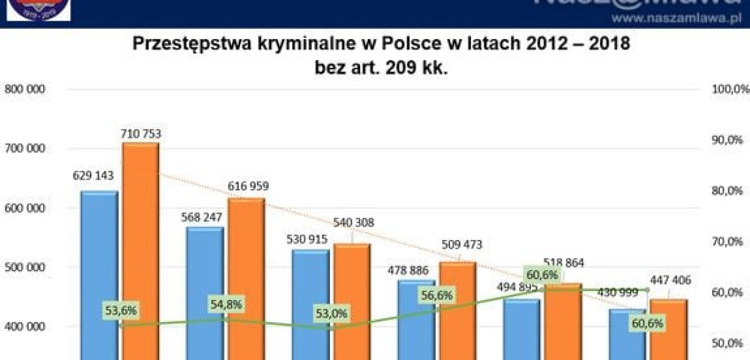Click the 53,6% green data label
(x=120, y=311)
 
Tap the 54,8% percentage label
(x=226, y=304)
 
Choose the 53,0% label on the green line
(x=332, y=314)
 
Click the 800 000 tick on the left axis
(x=26, y=89)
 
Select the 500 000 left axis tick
(x=26, y=268)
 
